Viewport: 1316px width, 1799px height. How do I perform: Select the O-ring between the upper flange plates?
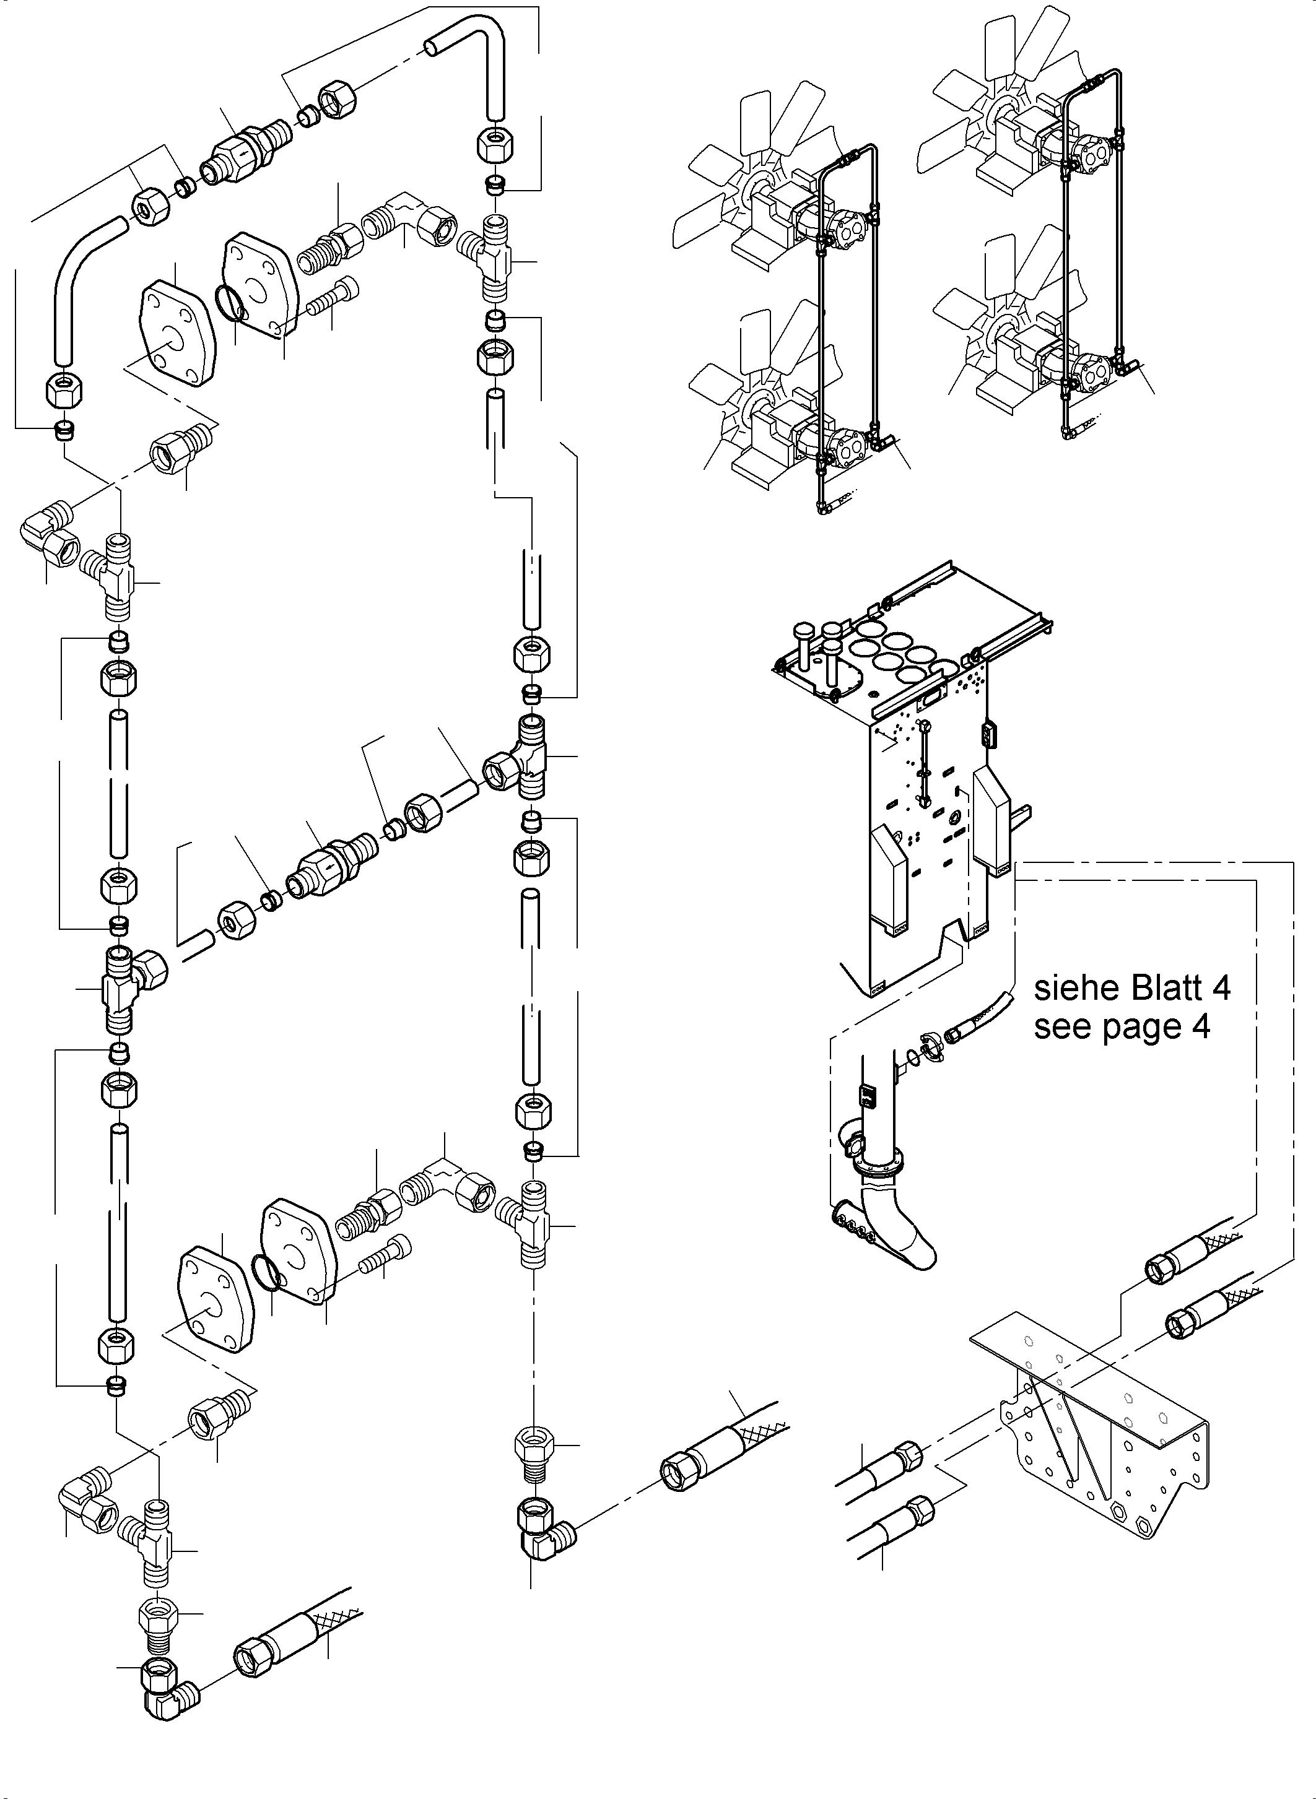coord(231,303)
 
